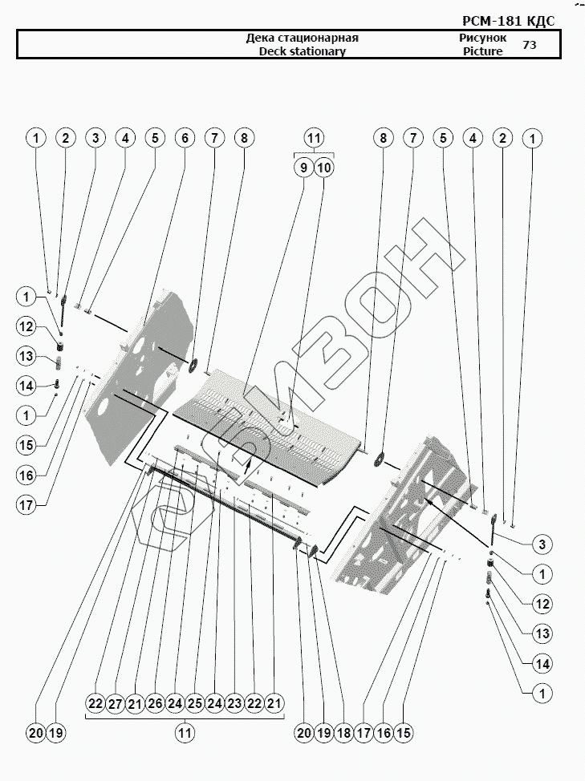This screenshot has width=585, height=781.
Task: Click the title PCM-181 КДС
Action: (x=509, y=21)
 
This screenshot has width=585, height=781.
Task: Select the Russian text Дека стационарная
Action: (x=302, y=38)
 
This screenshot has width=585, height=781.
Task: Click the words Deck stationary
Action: (x=302, y=51)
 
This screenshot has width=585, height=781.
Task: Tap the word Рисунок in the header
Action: (x=482, y=38)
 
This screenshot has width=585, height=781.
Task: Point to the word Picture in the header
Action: (x=482, y=51)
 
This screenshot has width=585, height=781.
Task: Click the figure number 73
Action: (x=530, y=45)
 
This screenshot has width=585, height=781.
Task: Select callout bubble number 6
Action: (x=185, y=138)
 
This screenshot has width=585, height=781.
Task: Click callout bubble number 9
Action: (x=303, y=168)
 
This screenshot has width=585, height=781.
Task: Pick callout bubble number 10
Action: (x=324, y=168)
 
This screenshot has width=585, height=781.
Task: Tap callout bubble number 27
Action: (x=115, y=704)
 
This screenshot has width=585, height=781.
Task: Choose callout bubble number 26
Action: (x=155, y=704)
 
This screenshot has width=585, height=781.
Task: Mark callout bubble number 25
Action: (x=194, y=704)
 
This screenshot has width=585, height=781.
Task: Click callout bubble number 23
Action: (x=234, y=704)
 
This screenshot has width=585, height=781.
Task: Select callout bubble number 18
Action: (x=343, y=732)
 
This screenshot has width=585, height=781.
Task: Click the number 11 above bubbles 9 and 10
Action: (x=314, y=138)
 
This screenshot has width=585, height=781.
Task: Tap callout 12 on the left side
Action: (x=26, y=326)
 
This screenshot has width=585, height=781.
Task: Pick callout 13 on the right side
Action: (x=542, y=633)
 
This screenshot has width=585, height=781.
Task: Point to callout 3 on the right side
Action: (x=542, y=544)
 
